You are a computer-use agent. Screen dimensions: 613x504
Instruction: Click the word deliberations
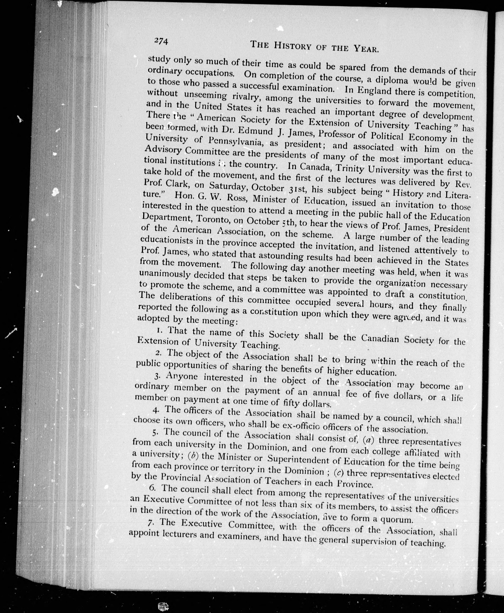point(186,297)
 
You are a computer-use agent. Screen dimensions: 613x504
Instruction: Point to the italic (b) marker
point(193,456)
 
